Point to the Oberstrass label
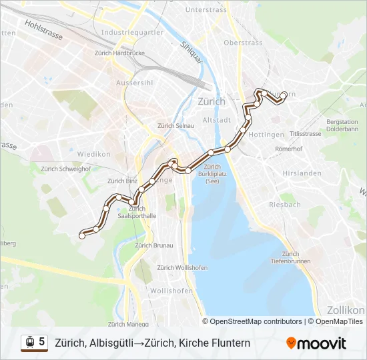coord(241,42)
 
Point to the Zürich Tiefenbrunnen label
coord(290,257)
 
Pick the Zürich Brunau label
coord(154,245)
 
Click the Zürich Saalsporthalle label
coord(137,213)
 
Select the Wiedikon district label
coord(93,154)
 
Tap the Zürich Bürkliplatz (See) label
coord(212,174)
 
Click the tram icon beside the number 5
coord(29,343)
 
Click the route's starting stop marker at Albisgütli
coord(82,235)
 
